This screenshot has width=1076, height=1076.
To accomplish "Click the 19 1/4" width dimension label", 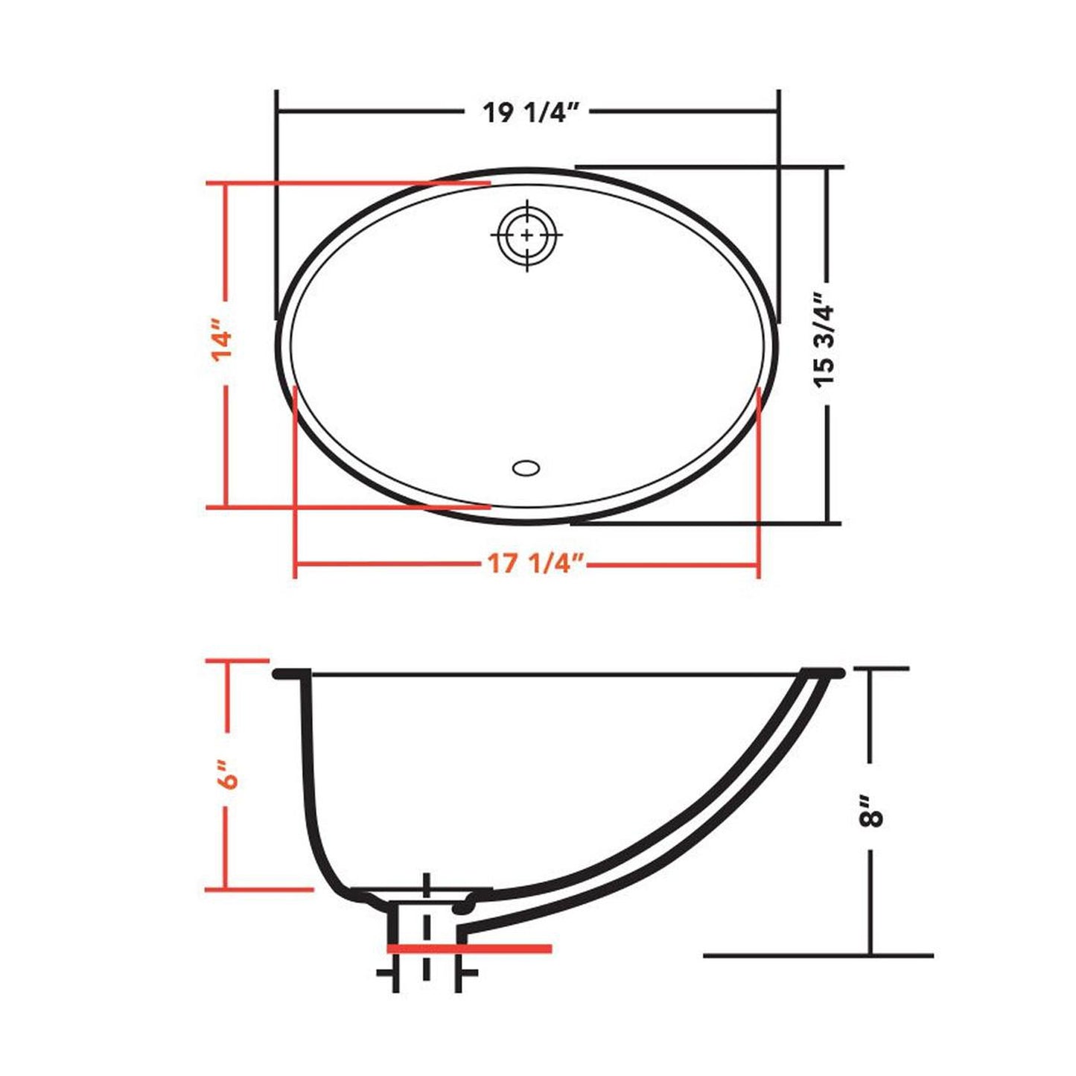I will tap(530, 112).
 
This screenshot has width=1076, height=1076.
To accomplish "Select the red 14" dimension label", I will tap(223, 341).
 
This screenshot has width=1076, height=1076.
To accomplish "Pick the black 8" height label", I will tap(870, 811).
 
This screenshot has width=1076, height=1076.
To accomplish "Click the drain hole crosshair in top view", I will tap(526, 235).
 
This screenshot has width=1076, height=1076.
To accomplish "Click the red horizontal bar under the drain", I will tap(469, 948).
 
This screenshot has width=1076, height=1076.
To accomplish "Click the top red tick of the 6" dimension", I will tap(237, 660).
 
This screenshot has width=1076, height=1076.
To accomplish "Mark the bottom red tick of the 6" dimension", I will tap(258, 889).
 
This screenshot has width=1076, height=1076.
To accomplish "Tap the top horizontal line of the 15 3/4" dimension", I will tap(707, 167).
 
